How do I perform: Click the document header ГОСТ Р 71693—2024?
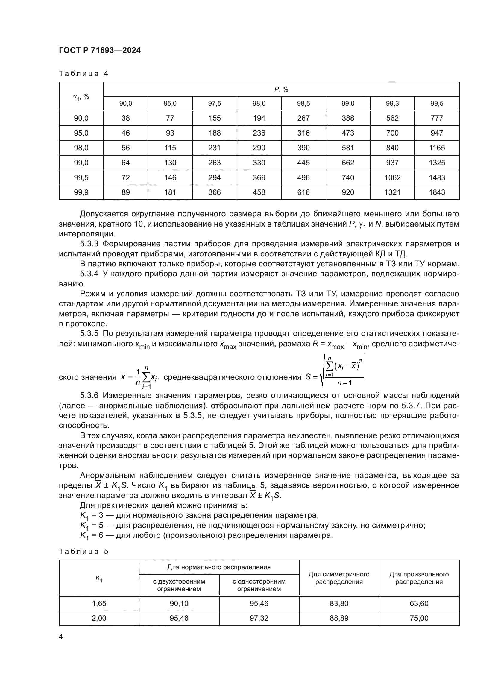pos(100,51)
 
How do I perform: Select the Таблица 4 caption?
pos(83,74)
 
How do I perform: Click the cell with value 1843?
pos(437,192)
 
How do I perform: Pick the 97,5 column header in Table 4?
pos(214,104)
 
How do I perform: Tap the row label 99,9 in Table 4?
pos(81,192)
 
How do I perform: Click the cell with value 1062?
pos(392,177)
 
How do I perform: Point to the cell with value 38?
pos(126,118)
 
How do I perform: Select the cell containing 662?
pos(348,163)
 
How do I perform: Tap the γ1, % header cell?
pos(81,97)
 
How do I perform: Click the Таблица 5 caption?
pos(83,552)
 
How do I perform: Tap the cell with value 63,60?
pos(419,604)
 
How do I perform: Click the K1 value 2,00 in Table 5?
pos(99,618)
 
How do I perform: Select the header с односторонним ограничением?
pos(259,585)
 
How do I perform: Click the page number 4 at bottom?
pos(61,637)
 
